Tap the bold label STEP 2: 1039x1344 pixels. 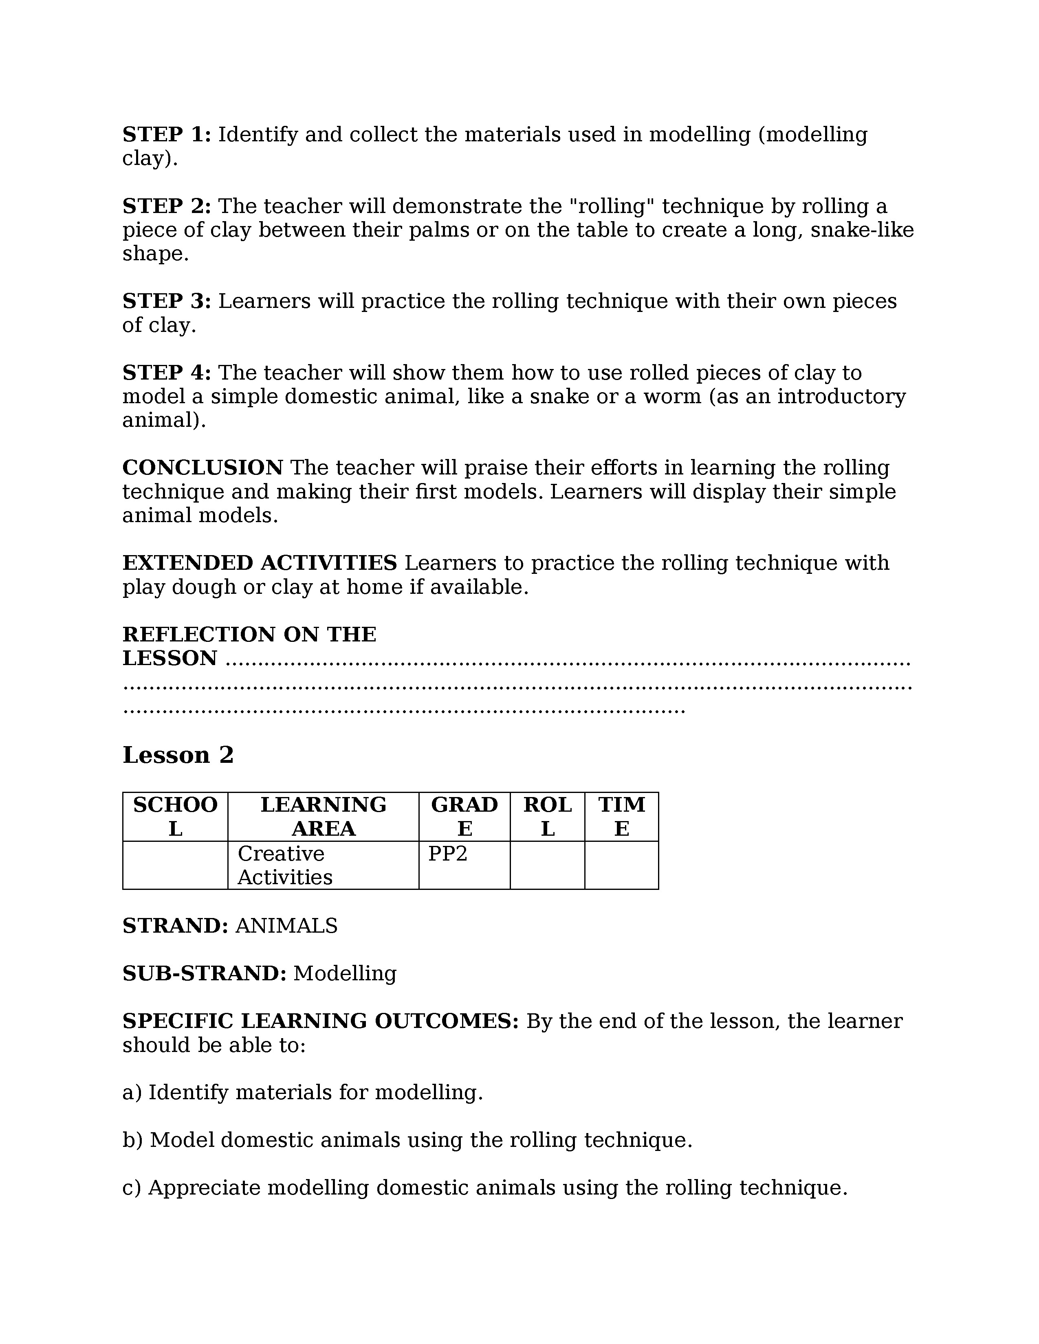pyautogui.click(x=167, y=206)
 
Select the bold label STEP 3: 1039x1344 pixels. pyautogui.click(x=167, y=301)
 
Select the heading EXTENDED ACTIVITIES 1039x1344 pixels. pyautogui.click(x=259, y=563)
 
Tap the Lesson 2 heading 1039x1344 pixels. pyautogui.click(x=178, y=755)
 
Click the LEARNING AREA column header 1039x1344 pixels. pyautogui.click(x=323, y=817)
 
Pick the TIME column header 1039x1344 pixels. pyautogui.click(x=622, y=817)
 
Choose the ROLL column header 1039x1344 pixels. pyautogui.click(x=547, y=817)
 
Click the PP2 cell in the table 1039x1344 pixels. pyautogui.click(x=448, y=854)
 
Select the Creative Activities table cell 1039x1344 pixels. pyautogui.click(x=284, y=865)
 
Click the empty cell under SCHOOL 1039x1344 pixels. pyautogui.click(x=176, y=865)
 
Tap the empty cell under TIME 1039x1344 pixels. pyautogui.click(x=622, y=865)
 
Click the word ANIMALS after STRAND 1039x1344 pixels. pyautogui.click(x=286, y=926)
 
